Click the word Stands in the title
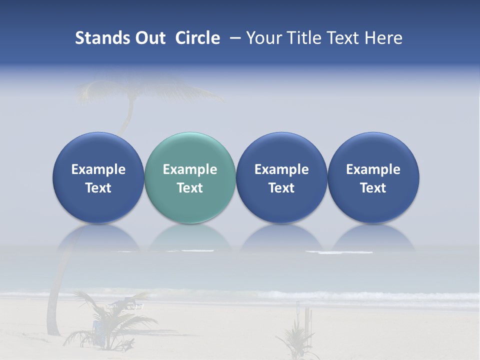pyautogui.click(x=102, y=38)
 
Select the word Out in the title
pyautogui.click(x=149, y=38)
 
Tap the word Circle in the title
pyautogui.click(x=197, y=38)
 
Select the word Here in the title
pyautogui.click(x=384, y=38)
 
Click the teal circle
pyautogui.click(x=190, y=150)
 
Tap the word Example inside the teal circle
pyautogui.click(x=190, y=169)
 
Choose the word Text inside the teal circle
pyautogui.click(x=190, y=188)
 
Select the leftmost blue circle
pyautogui.click(x=98, y=150)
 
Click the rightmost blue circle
pyautogui.click(x=373, y=150)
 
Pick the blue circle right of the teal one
pyautogui.click(x=281, y=150)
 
